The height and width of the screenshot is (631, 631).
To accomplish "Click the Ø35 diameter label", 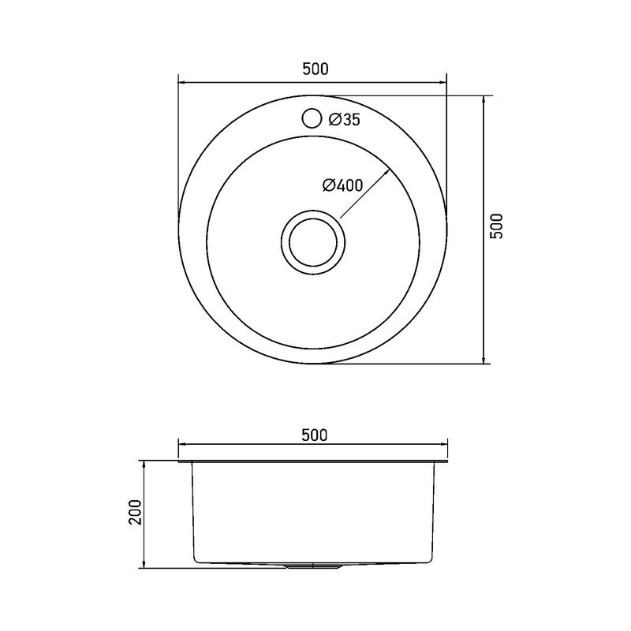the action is click(344, 119).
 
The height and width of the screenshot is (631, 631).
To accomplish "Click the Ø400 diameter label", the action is click(343, 185).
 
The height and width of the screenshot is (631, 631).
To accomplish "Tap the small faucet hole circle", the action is click(312, 118).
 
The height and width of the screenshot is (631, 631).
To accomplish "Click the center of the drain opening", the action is click(312, 242).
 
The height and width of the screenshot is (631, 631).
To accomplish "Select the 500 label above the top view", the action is click(315, 69).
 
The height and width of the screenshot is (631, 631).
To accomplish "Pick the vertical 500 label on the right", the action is click(498, 226).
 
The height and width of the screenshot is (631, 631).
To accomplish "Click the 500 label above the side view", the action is click(315, 435).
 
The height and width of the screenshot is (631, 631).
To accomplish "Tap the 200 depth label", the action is click(136, 512).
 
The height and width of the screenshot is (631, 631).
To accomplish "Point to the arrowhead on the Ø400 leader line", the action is click(387, 171).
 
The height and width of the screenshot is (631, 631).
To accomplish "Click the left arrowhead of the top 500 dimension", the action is click(181, 83).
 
